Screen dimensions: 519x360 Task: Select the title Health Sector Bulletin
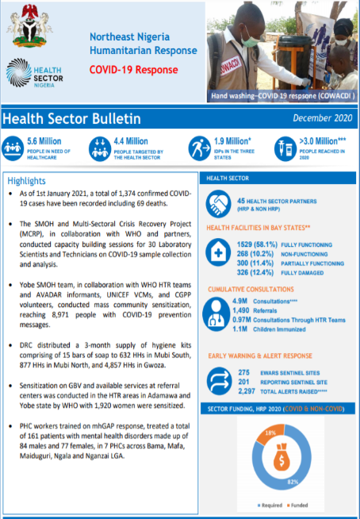tap(72, 119)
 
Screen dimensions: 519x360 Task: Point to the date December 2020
tap(321, 118)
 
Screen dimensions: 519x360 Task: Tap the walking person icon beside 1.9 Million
tap(197, 148)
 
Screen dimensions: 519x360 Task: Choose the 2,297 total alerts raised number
tap(248, 391)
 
